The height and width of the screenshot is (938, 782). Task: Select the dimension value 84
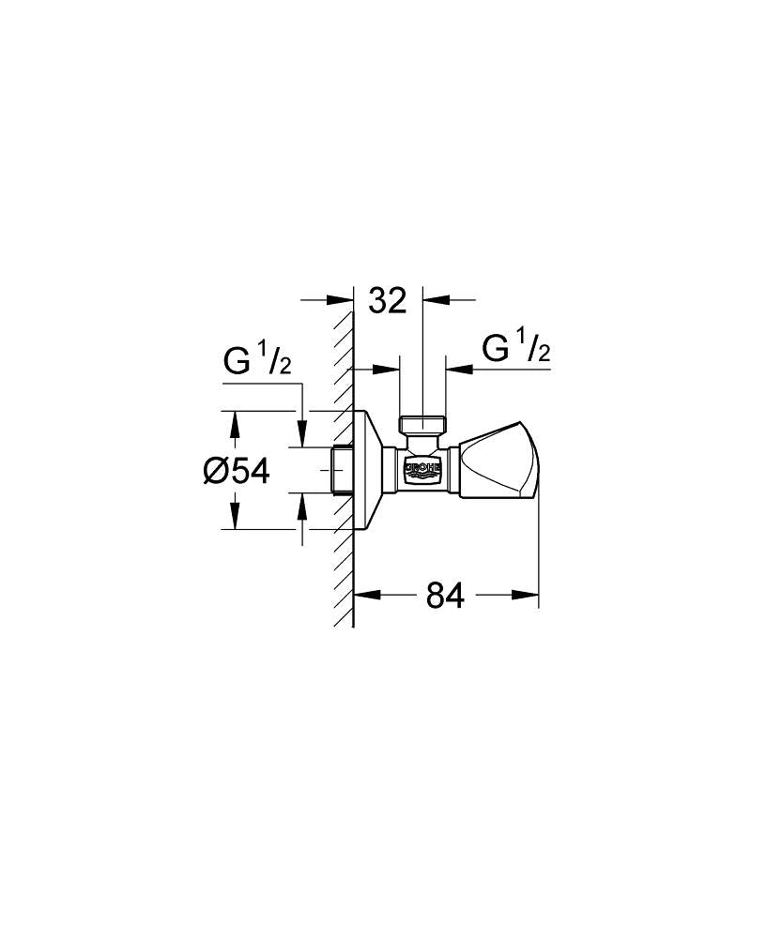pos(445,595)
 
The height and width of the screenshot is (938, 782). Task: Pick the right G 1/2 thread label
pos(515,349)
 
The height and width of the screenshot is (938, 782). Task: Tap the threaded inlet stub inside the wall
pos(343,470)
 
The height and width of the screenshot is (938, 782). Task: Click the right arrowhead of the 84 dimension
pos(527,594)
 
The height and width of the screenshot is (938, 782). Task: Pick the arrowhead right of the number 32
pos(435,300)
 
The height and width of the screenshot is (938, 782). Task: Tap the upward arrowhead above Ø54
pos(235,423)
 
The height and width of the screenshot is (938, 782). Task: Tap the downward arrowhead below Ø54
pos(235,517)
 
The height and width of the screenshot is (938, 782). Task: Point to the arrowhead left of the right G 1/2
pos(457,370)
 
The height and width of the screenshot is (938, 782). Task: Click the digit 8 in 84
pos(435,595)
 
